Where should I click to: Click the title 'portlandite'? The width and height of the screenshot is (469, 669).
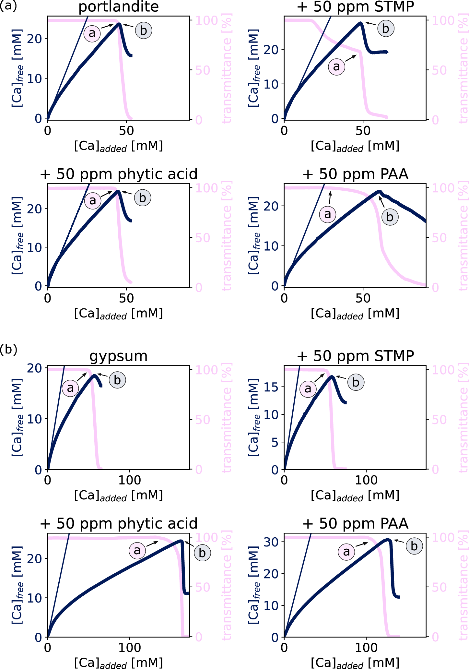(x=118, y=7)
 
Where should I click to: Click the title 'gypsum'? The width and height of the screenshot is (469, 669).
(x=118, y=356)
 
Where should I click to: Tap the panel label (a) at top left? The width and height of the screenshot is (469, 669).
(x=8, y=6)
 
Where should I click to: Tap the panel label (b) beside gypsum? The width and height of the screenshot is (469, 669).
(x=8, y=349)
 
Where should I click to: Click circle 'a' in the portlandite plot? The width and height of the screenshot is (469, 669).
(x=92, y=33)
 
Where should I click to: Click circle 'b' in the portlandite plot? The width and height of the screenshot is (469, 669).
(x=143, y=30)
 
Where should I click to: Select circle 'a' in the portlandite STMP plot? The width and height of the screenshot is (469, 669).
(x=336, y=66)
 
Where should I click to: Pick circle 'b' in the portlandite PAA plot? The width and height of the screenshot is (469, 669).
(x=390, y=217)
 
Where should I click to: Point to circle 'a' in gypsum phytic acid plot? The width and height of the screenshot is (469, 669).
(x=137, y=550)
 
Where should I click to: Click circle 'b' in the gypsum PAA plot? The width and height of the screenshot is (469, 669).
(x=414, y=546)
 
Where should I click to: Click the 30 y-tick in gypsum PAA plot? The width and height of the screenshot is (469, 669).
(x=271, y=542)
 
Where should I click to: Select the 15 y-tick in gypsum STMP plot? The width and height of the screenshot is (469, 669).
(x=271, y=387)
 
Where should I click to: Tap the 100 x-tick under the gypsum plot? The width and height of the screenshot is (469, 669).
(x=129, y=480)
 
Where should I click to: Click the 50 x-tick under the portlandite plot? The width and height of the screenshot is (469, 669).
(x=126, y=131)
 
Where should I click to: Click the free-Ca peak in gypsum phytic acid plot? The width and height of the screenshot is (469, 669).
(x=181, y=541)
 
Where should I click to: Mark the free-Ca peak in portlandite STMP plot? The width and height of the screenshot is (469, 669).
(x=360, y=23)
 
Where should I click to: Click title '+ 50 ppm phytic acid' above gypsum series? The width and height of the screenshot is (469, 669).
(x=119, y=524)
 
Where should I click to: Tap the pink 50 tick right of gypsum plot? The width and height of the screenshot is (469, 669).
(x=203, y=420)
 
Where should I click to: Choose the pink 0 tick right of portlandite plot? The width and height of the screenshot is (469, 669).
(x=199, y=120)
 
